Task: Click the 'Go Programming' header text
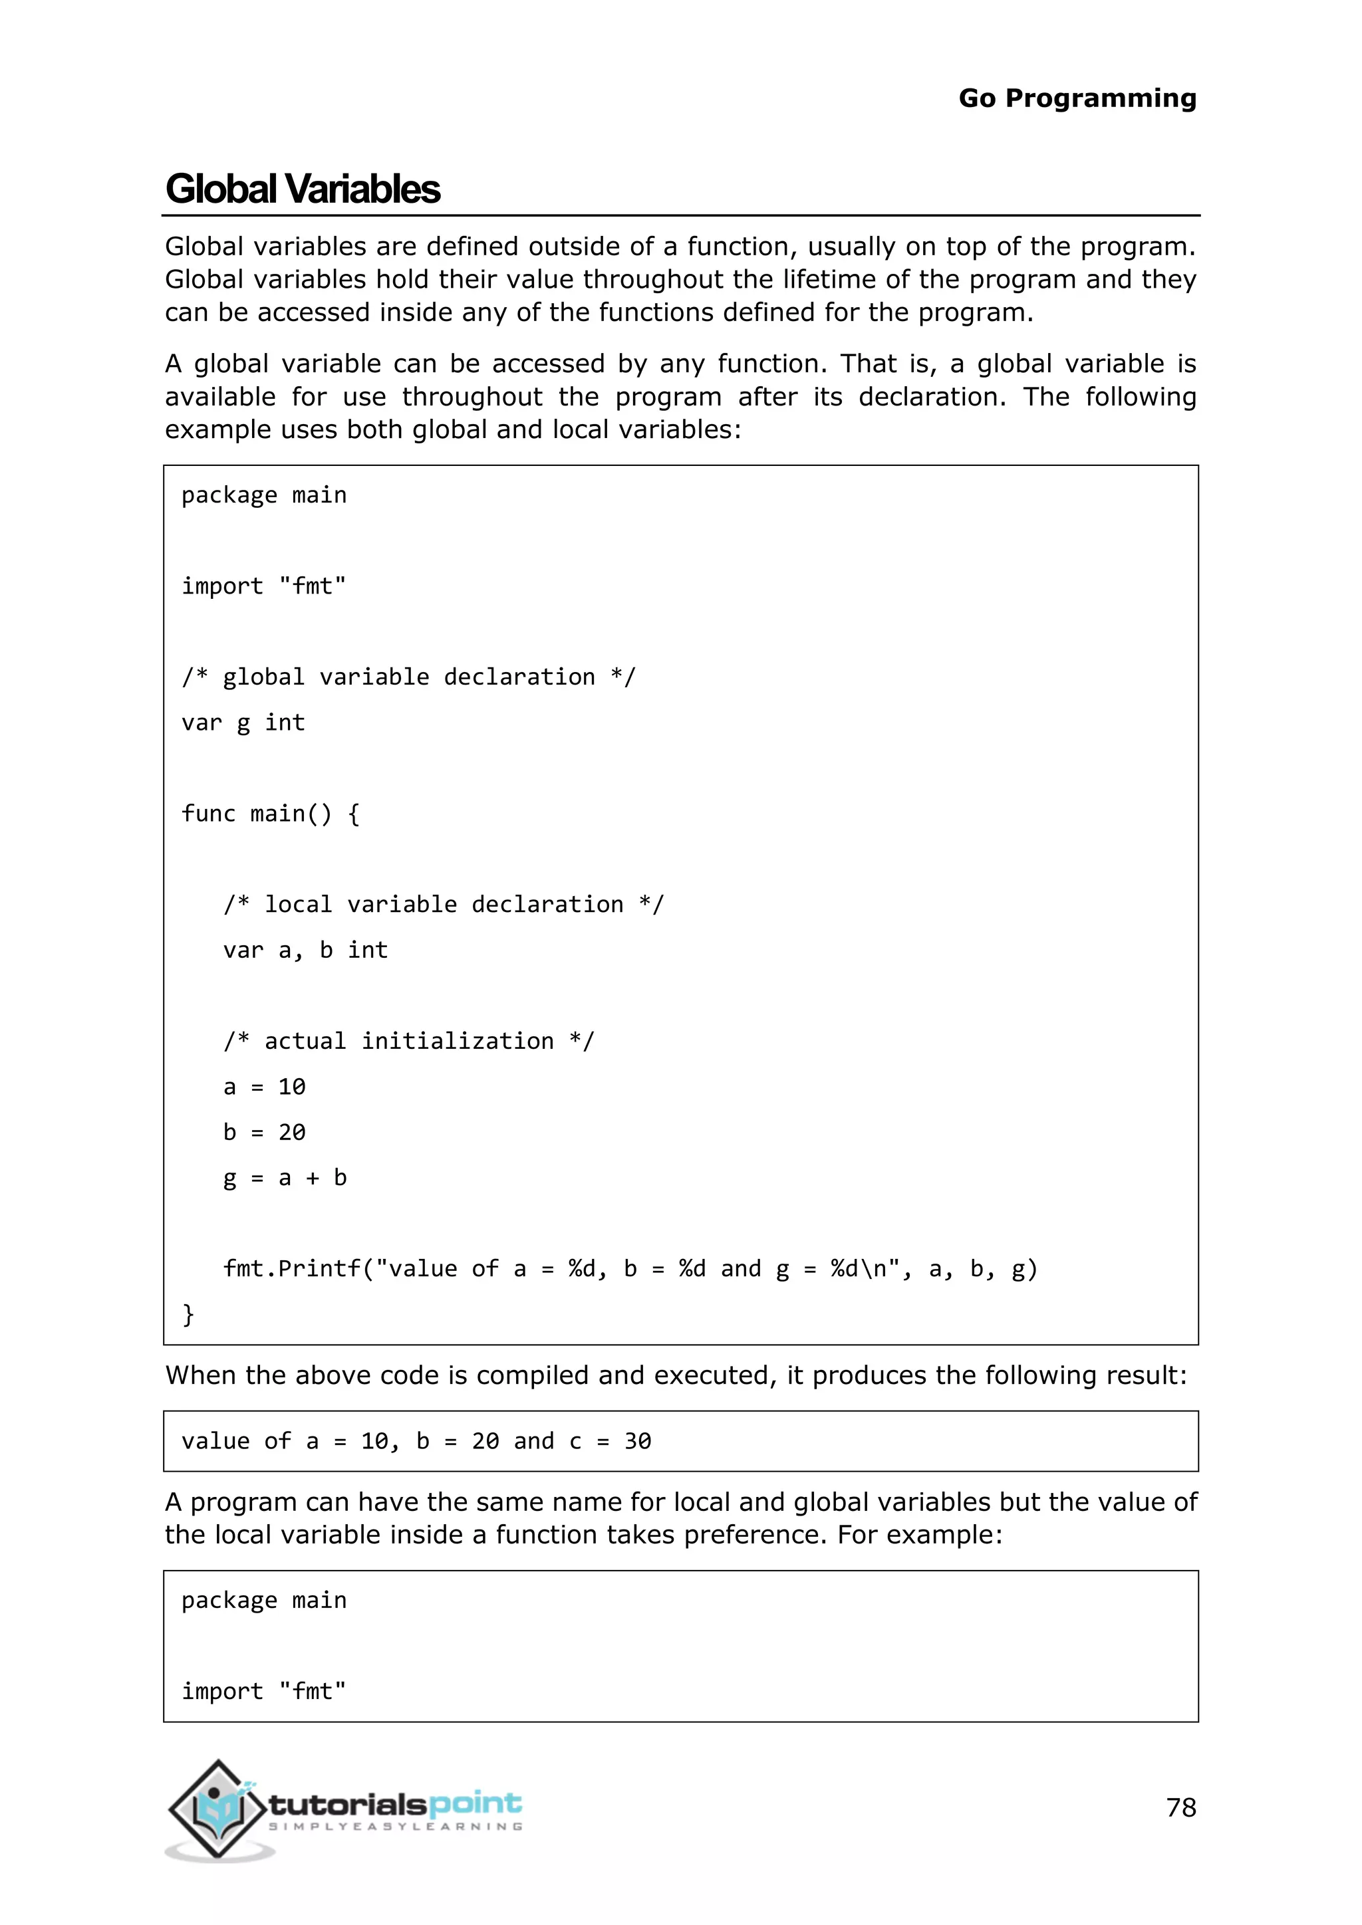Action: click(1077, 98)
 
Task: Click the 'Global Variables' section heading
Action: click(303, 189)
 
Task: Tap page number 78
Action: click(1181, 1807)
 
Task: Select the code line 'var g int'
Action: click(243, 723)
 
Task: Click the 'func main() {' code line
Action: click(271, 813)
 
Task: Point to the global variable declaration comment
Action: click(408, 677)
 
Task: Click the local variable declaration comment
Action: click(443, 904)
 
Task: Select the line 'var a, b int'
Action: click(305, 950)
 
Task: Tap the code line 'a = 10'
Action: click(264, 1087)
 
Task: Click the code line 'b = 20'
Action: click(264, 1132)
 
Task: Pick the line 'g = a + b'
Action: click(285, 1178)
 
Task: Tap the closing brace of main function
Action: click(189, 1313)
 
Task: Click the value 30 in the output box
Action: click(637, 1441)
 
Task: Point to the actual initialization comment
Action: click(408, 1040)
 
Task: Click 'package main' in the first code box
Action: click(264, 495)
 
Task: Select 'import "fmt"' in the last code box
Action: click(264, 1691)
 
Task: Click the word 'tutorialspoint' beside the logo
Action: click(394, 1803)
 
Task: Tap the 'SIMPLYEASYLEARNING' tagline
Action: click(394, 1827)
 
